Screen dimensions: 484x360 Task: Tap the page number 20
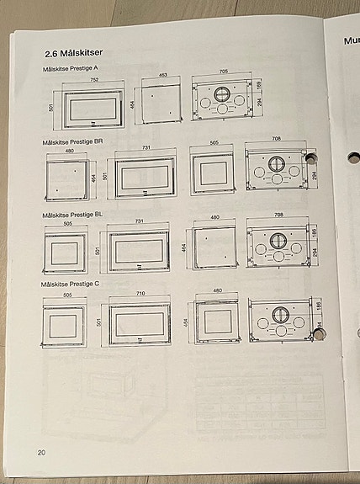pyautogui.click(x=41, y=453)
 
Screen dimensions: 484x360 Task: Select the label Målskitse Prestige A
pyautogui.click(x=71, y=68)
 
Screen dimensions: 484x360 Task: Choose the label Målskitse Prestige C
pyautogui.click(x=71, y=285)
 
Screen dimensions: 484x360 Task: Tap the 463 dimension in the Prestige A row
pyautogui.click(x=162, y=76)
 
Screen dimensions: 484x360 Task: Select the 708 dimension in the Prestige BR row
pyautogui.click(x=276, y=139)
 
